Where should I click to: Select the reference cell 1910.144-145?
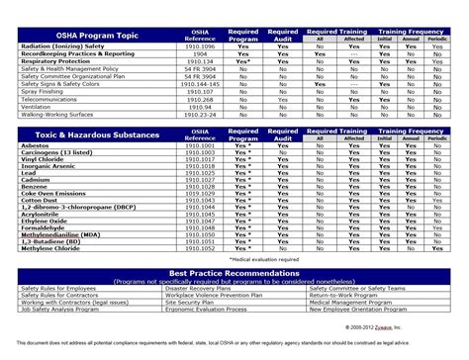pyautogui.click(x=199, y=84)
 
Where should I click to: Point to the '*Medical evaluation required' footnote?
pyautogui.click(x=262, y=258)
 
